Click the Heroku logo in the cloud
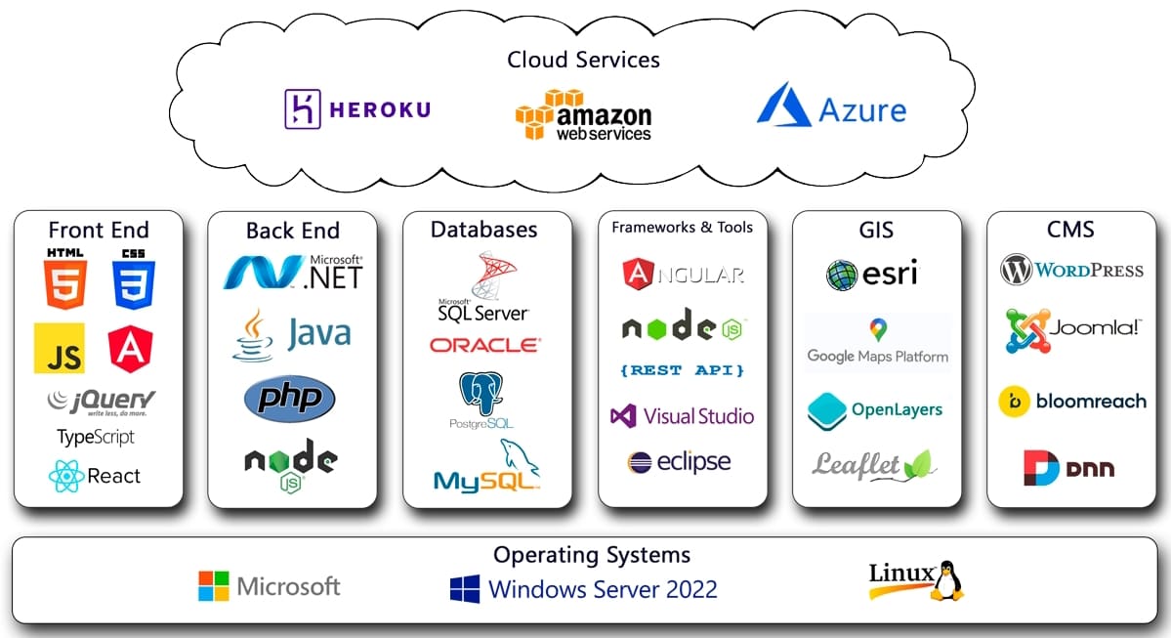click(x=356, y=109)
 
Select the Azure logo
click(x=831, y=106)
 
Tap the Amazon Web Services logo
click(x=583, y=114)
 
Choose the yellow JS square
click(x=60, y=349)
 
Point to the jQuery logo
click(x=101, y=401)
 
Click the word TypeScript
click(x=96, y=437)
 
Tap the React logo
click(x=95, y=476)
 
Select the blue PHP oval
click(x=289, y=400)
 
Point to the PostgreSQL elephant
click(x=481, y=394)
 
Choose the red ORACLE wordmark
click(x=483, y=345)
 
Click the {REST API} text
click(x=682, y=370)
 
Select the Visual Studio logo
click(x=682, y=416)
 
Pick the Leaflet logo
click(x=874, y=465)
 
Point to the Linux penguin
click(x=945, y=581)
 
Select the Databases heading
click(x=484, y=230)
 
